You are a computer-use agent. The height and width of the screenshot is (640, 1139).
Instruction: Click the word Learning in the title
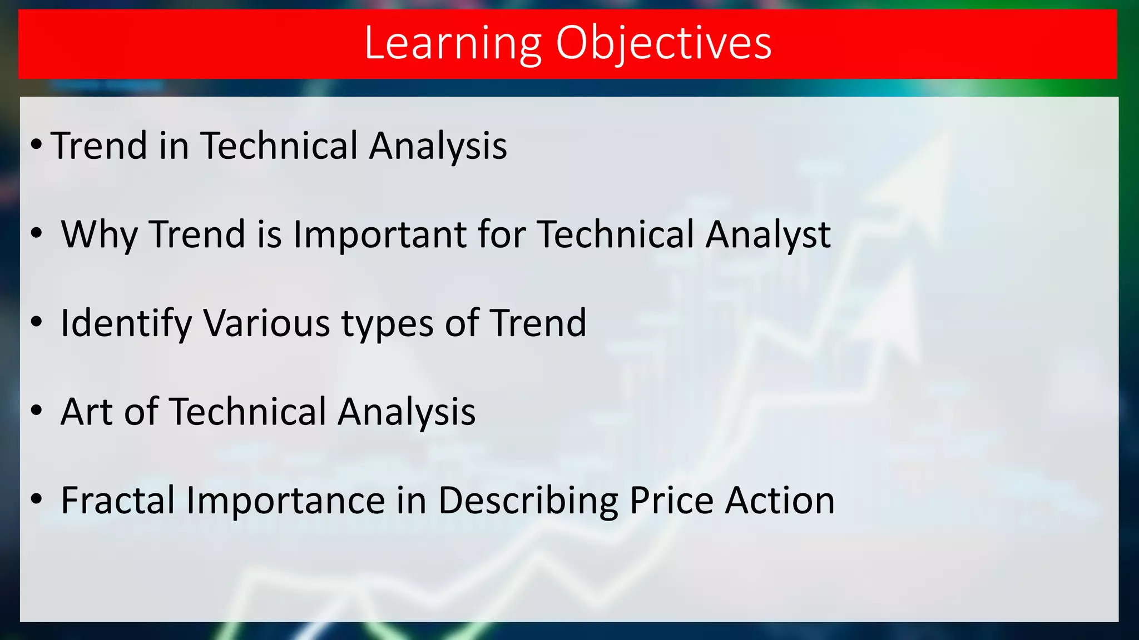pyautogui.click(x=453, y=43)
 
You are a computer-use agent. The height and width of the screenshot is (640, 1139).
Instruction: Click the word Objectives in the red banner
pyautogui.click(x=663, y=43)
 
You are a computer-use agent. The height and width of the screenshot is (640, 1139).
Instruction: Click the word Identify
pyautogui.click(x=126, y=323)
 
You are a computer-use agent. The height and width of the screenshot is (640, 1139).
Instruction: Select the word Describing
pyautogui.click(x=528, y=501)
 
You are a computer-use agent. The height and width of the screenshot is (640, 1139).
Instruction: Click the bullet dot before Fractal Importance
pyautogui.click(x=36, y=499)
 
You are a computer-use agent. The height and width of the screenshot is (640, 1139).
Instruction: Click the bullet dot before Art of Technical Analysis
pyautogui.click(x=36, y=411)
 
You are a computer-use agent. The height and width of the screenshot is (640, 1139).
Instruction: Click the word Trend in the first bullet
pyautogui.click(x=99, y=146)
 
